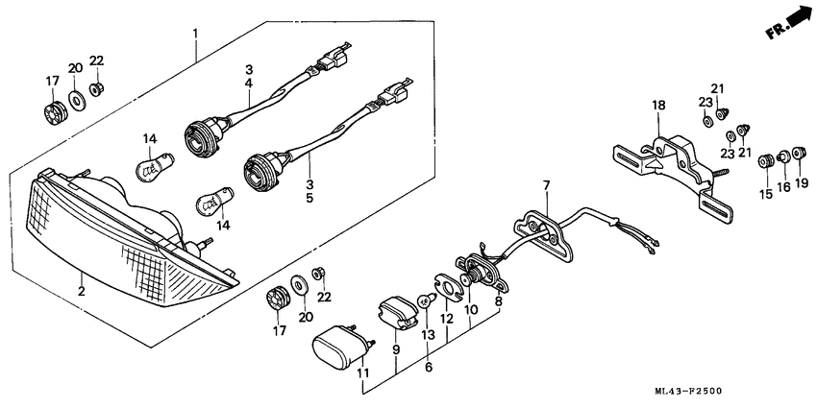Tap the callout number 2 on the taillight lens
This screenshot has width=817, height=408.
(x=82, y=290)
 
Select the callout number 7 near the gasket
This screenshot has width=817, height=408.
(x=545, y=185)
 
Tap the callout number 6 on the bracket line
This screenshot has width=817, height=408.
(x=429, y=367)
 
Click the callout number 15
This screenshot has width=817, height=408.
(x=765, y=195)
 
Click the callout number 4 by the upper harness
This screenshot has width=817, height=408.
(x=248, y=84)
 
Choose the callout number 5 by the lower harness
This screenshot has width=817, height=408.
(x=309, y=200)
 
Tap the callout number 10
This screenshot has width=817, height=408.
(x=471, y=310)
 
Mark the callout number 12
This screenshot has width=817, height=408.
(x=447, y=318)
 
